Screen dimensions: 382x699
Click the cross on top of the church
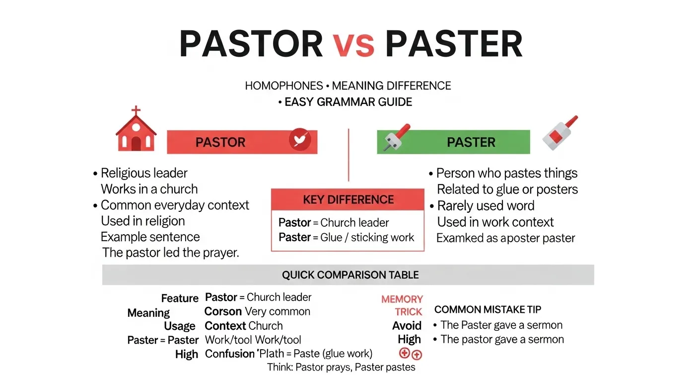(x=136, y=110)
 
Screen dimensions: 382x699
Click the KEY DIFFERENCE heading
(x=348, y=199)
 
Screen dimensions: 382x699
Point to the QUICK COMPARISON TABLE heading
(x=350, y=275)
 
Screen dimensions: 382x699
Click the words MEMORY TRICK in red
(x=402, y=305)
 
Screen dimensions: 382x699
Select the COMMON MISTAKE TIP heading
(x=488, y=309)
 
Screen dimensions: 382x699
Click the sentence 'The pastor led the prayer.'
(x=171, y=253)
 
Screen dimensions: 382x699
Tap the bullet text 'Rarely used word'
(x=486, y=206)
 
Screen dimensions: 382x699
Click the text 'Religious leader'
(x=144, y=173)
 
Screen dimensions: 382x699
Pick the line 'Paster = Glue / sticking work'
(x=346, y=237)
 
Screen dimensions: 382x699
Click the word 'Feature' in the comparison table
(x=179, y=298)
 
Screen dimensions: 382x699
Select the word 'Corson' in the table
(x=222, y=312)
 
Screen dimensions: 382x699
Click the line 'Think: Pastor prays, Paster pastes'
(x=341, y=368)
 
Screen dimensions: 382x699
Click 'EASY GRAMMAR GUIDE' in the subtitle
(x=348, y=102)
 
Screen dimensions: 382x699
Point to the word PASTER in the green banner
(x=471, y=142)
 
